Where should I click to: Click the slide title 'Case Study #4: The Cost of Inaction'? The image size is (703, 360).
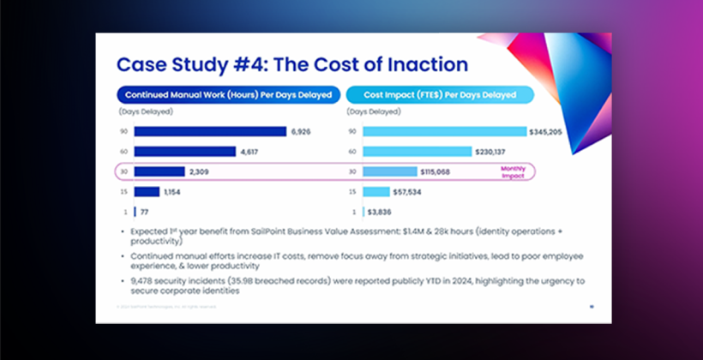coord(291,64)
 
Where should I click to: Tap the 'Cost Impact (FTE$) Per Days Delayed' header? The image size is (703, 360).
coord(441,93)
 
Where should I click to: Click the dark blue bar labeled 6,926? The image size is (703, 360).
coord(209,131)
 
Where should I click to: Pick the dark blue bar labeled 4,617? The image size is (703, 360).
coord(184,152)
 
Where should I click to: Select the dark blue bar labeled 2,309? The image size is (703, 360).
coord(159,171)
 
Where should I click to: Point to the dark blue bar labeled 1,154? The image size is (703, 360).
coord(147,191)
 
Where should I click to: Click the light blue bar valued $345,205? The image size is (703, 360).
coord(444,131)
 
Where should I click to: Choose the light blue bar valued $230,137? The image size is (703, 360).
coord(417,152)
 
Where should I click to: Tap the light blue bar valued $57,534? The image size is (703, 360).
coord(376,191)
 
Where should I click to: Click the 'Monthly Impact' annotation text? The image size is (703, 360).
coord(512,171)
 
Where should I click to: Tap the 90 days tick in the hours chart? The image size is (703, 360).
coord(123,131)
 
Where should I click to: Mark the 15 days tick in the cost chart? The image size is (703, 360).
coord(352,191)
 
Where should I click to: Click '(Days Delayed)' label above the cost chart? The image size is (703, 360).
coord(373,111)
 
